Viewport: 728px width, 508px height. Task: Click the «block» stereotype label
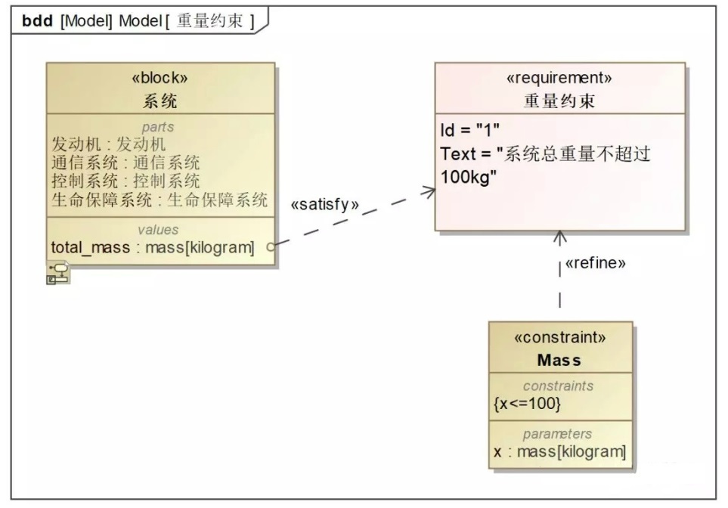pyautogui.click(x=160, y=78)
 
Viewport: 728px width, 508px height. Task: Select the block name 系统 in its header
pyautogui.click(x=160, y=101)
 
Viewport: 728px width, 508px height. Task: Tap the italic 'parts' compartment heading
pyautogui.click(x=158, y=127)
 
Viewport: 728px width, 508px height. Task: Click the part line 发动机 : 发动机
pyautogui.click(x=108, y=144)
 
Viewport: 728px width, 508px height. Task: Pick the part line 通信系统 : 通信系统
pyautogui.click(x=125, y=163)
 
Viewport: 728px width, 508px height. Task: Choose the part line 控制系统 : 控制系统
pyautogui.click(x=125, y=181)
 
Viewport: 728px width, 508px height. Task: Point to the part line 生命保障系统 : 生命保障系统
pyautogui.click(x=160, y=200)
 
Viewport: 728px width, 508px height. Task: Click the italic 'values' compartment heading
pyautogui.click(x=158, y=229)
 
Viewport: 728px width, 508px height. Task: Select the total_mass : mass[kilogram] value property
pyautogui.click(x=153, y=247)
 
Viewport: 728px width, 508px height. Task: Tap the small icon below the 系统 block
pyautogui.click(x=58, y=273)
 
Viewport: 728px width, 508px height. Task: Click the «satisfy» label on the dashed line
pyautogui.click(x=324, y=204)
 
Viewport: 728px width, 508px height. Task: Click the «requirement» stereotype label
pyautogui.click(x=559, y=78)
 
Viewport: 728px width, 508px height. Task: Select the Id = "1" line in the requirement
pyautogui.click(x=470, y=130)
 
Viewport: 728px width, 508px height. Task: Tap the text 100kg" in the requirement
pyautogui.click(x=469, y=177)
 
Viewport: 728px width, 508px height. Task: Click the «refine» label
pyautogui.click(x=595, y=263)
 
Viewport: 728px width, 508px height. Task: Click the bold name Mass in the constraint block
pyautogui.click(x=559, y=360)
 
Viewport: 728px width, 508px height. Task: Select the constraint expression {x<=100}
pyautogui.click(x=527, y=404)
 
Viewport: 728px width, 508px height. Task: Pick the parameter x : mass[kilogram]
pyautogui.click(x=560, y=451)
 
